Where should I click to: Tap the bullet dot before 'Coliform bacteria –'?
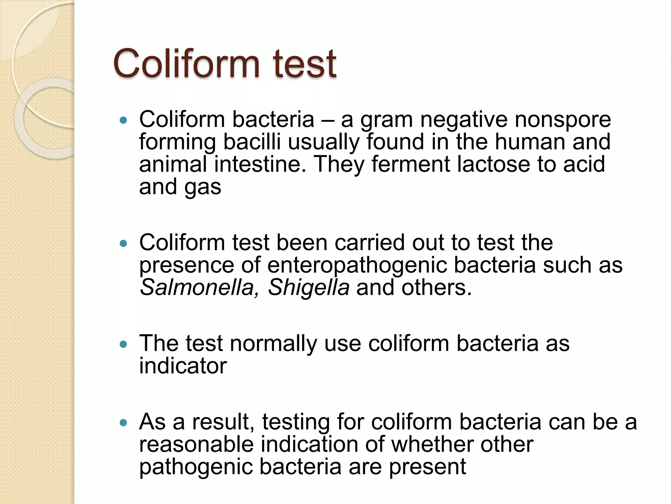tap(123, 120)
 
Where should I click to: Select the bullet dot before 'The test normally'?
tap(123, 344)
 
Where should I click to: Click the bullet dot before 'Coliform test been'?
tap(123, 243)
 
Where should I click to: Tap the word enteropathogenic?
tap(357, 266)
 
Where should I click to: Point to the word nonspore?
tap(563, 119)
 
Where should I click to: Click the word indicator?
tap(183, 366)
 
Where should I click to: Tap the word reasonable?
tap(196, 444)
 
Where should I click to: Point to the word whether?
tap(432, 444)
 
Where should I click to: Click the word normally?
tap(273, 344)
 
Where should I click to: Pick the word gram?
tap(386, 120)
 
